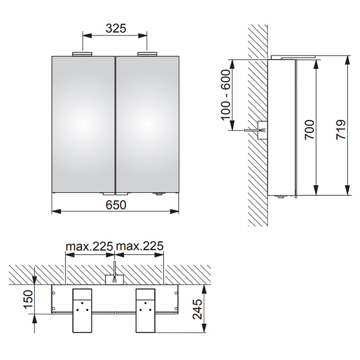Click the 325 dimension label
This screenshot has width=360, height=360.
click(x=116, y=28)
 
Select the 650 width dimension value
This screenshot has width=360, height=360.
click(x=116, y=205)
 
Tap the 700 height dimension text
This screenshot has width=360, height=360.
click(x=309, y=130)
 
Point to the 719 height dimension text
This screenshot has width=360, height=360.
click(x=341, y=130)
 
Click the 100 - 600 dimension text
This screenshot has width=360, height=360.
click(x=225, y=95)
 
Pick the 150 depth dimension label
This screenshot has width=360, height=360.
click(x=28, y=299)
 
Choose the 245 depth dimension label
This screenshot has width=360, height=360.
click(x=197, y=309)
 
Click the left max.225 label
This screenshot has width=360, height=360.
click(x=89, y=246)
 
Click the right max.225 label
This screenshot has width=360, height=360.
click(x=139, y=246)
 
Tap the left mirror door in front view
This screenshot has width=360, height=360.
click(x=83, y=124)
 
